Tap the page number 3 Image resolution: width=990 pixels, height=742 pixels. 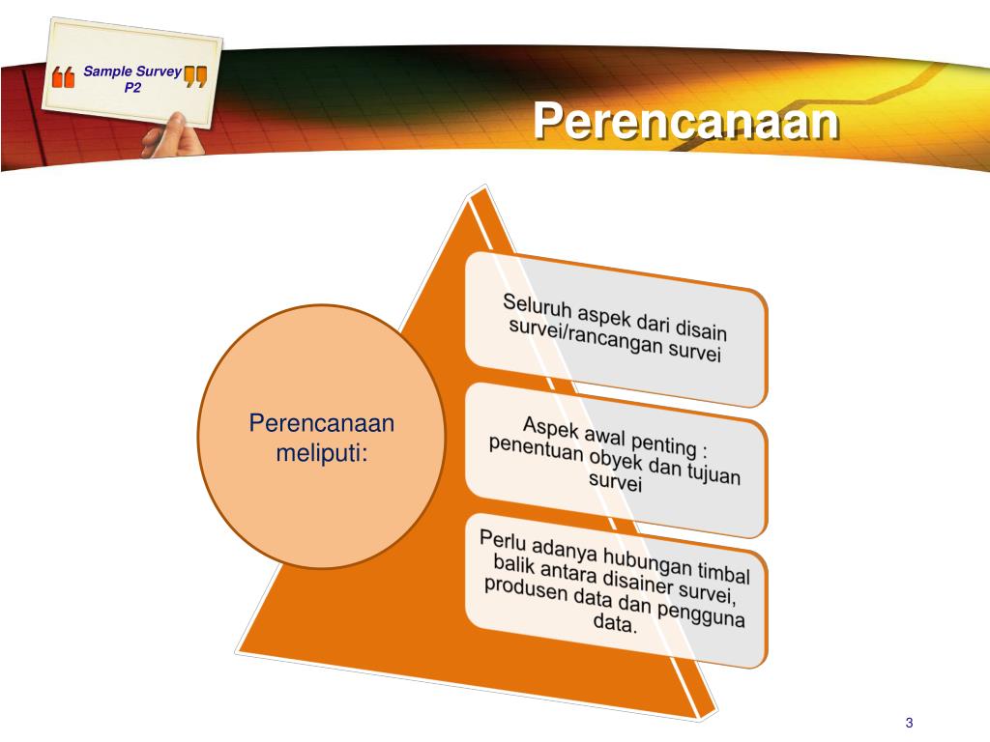click(x=909, y=724)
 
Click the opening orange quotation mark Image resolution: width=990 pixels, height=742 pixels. click(x=63, y=78)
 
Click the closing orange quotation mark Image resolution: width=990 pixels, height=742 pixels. click(x=195, y=77)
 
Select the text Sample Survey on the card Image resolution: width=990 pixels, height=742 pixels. click(x=131, y=71)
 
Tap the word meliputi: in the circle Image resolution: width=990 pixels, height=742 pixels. click(x=321, y=452)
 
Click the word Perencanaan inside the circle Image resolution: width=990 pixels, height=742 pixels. click(x=321, y=423)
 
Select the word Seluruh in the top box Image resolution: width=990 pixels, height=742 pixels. click(x=533, y=306)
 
